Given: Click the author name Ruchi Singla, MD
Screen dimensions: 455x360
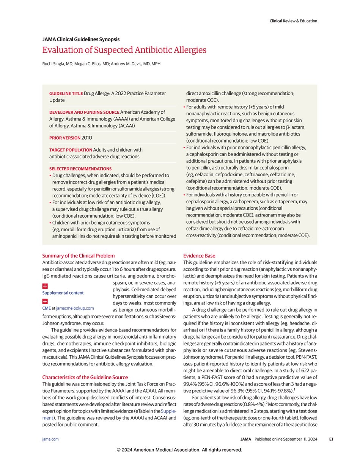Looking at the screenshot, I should click(x=58, y=64).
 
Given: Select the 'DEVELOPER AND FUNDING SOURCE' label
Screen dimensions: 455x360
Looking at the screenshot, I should click(x=84, y=112).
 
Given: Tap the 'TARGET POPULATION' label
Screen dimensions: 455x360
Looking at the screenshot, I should click(x=70, y=150).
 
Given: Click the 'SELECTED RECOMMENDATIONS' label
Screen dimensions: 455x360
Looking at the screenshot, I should click(x=80, y=168).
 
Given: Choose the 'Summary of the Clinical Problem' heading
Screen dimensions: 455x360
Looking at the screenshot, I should click(x=78, y=256).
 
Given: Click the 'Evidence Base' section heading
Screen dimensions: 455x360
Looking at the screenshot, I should click(x=199, y=256).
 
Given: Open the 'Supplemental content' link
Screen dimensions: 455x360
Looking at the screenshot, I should click(x=63, y=293).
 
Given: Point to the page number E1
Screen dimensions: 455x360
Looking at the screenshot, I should click(x=331, y=439).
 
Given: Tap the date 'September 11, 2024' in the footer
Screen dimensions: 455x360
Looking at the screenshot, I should click(x=298, y=439).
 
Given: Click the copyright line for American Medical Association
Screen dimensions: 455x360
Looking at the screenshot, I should click(x=179, y=450).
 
